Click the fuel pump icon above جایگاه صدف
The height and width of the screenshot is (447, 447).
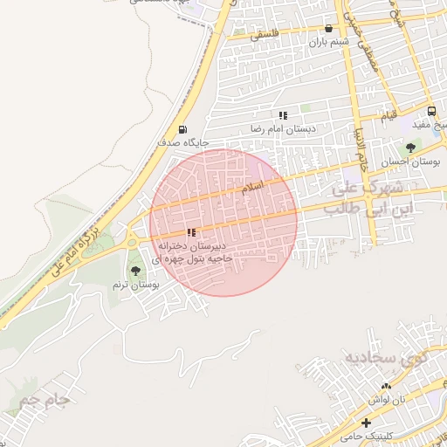(x=182, y=127)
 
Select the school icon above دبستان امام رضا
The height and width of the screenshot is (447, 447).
(x=283, y=115)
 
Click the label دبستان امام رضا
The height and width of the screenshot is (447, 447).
(x=282, y=128)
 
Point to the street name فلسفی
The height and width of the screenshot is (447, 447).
(x=266, y=36)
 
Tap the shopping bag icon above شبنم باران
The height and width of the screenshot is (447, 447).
(x=328, y=28)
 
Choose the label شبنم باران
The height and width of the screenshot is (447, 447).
(x=328, y=41)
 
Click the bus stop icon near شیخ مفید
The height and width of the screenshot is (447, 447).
(x=431, y=111)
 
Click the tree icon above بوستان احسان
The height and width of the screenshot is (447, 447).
(x=410, y=148)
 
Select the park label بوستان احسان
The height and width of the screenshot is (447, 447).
(x=411, y=162)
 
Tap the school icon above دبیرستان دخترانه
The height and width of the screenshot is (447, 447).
(x=191, y=232)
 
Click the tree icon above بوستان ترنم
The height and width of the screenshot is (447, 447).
(x=134, y=272)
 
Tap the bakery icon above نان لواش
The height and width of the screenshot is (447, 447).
(x=386, y=385)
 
